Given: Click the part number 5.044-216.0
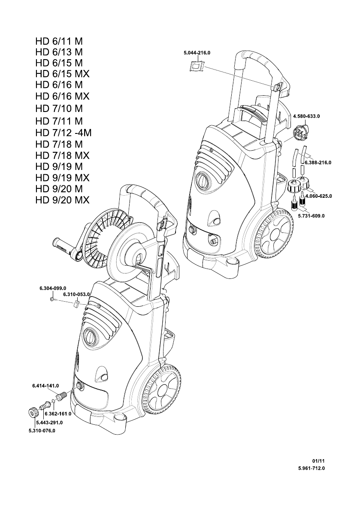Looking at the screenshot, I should coord(197,52).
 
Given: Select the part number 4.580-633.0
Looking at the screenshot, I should coord(306,116).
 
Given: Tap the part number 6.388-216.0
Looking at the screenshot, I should coord(318,163).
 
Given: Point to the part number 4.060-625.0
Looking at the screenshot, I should coord(318,196).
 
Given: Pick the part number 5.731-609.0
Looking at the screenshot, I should coord(311,216).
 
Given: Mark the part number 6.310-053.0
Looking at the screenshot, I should coord(76,294).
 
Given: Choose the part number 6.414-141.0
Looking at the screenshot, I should coord(45,386).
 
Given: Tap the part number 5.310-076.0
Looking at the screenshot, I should coord(42,430).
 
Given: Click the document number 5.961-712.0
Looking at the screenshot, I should coord(311,469).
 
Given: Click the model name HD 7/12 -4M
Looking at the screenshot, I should coord(64,133).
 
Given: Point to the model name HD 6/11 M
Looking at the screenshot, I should coord(59,42).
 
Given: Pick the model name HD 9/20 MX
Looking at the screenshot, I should coord(63,200).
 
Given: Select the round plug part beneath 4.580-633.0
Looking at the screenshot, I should coord(300,133).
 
